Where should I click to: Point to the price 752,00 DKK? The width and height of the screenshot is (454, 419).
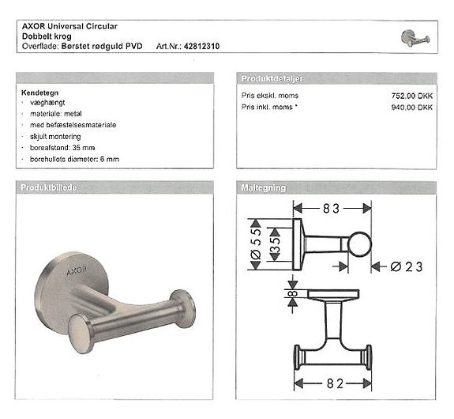pyautogui.click(x=414, y=95)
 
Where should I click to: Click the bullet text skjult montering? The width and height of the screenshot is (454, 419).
pyautogui.click(x=58, y=137)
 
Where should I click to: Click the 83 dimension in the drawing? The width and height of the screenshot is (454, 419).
pyautogui.click(x=332, y=208)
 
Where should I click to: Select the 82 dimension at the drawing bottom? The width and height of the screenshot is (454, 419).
pyautogui.click(x=332, y=384)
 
